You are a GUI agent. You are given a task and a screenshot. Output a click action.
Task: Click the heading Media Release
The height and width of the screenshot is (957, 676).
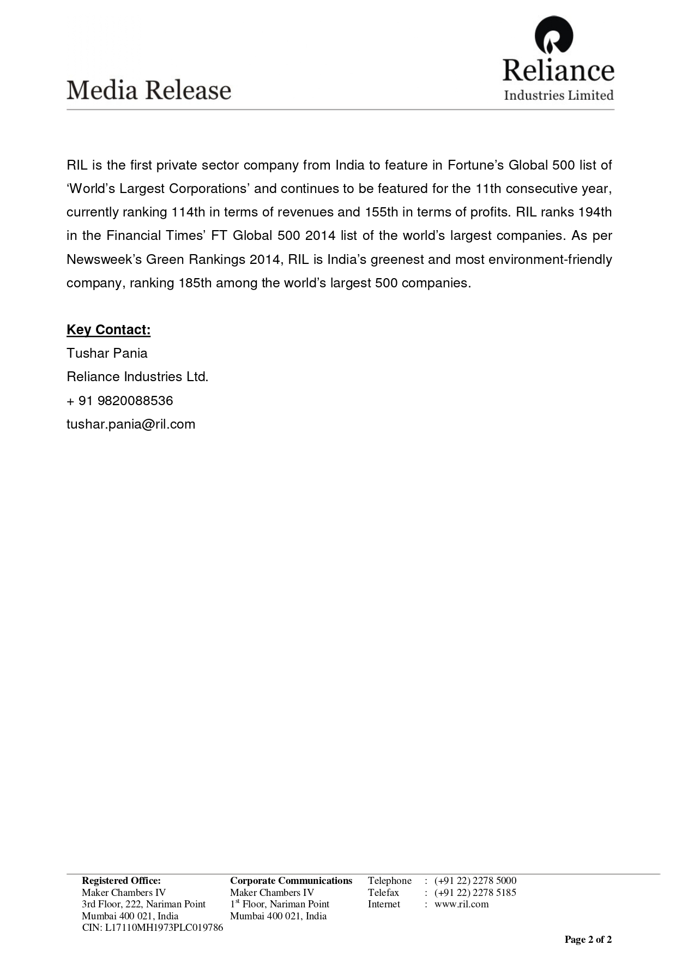pos(149,90)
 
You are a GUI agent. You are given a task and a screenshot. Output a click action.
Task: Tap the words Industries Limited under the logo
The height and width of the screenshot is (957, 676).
pos(559,95)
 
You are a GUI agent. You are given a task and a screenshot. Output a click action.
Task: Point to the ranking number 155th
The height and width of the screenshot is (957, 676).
pos(381,212)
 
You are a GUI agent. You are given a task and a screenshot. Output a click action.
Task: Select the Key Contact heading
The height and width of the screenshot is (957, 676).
pos(108,330)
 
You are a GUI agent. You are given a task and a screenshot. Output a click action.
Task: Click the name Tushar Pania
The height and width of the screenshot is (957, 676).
pos(107,353)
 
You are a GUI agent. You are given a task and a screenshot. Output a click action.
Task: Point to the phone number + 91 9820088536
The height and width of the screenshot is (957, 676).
pos(120,401)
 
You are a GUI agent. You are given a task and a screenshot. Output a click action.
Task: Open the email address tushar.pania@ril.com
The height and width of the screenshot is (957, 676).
pos(131,424)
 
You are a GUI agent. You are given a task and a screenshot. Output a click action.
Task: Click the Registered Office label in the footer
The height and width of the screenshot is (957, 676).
pos(121,881)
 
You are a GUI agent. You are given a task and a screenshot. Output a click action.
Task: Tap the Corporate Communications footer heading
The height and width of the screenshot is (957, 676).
pos(291,881)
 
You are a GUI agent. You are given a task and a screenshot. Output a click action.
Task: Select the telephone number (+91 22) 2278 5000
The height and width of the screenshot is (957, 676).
pos(475,881)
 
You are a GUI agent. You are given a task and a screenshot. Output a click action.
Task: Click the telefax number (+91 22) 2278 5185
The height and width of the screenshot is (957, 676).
pos(475,893)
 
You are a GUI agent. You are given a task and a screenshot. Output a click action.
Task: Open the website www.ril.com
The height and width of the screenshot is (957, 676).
pos(462,904)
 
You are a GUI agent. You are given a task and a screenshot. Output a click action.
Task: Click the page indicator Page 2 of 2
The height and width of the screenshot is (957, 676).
pos(588,940)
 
